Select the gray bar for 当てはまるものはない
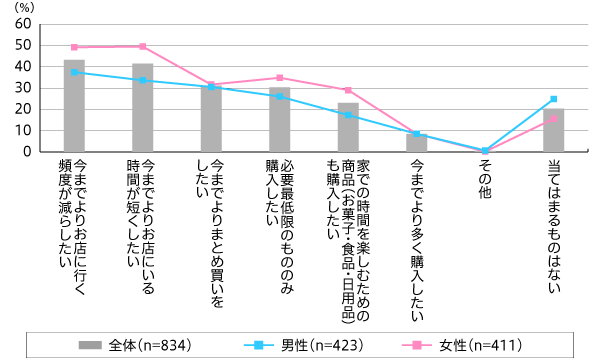point(553,130)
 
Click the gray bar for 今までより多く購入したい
point(416,142)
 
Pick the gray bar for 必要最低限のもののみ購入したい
point(279,119)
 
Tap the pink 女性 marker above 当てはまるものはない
point(553,118)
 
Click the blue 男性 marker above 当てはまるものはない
point(553,99)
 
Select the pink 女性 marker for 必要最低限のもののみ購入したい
point(279,77)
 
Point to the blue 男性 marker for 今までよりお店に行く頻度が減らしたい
point(74,72)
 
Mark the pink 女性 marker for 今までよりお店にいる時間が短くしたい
point(142,46)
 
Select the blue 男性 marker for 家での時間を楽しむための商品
point(347,115)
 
